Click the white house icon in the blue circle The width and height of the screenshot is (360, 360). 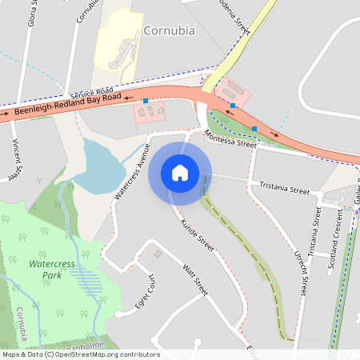click(x=180, y=173)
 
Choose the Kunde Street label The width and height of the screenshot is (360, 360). click(x=198, y=235)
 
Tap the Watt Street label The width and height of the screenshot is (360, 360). click(x=195, y=280)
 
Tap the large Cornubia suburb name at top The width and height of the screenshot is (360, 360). click(x=169, y=31)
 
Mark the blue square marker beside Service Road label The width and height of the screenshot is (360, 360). click(x=145, y=101)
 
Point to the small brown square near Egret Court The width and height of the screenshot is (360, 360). click(x=158, y=254)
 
